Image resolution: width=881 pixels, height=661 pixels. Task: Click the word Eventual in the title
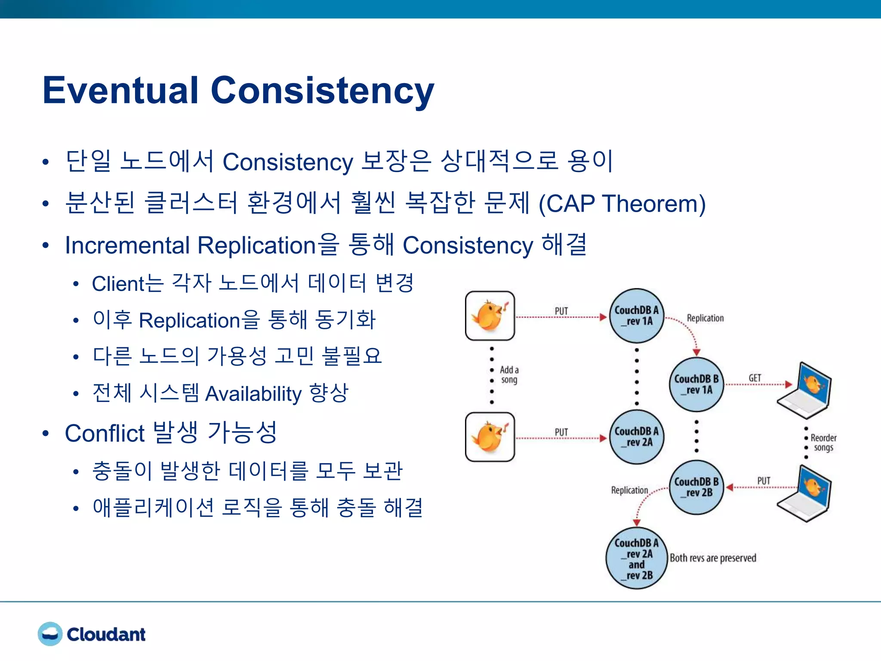point(120,90)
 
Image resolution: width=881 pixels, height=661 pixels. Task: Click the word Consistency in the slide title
point(323,91)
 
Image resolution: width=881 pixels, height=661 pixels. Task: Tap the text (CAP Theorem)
point(622,204)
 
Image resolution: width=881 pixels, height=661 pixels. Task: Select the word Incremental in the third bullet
point(127,246)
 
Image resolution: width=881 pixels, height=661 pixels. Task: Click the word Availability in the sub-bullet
point(253,394)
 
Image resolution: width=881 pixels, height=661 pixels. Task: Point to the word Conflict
point(105,433)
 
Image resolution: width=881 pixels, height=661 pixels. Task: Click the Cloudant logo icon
point(50,634)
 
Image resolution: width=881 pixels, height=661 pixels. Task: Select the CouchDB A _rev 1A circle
point(637,316)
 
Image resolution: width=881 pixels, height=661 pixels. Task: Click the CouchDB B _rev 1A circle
point(696,384)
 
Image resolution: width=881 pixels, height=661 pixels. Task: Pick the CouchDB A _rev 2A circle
point(637,437)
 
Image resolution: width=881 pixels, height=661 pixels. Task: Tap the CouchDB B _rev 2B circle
point(696,487)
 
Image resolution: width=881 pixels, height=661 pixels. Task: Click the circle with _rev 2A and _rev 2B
point(637,558)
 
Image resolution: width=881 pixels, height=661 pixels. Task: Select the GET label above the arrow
point(755,378)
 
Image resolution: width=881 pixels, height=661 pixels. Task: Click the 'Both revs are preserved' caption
point(713,558)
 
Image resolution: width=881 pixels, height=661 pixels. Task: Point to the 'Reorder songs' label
point(823,442)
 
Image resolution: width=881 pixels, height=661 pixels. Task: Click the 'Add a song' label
point(509,375)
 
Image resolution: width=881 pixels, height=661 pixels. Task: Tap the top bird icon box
point(490,316)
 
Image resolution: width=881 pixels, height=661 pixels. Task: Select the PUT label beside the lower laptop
point(764,481)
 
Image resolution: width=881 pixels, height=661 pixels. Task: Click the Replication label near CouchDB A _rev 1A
point(705,318)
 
